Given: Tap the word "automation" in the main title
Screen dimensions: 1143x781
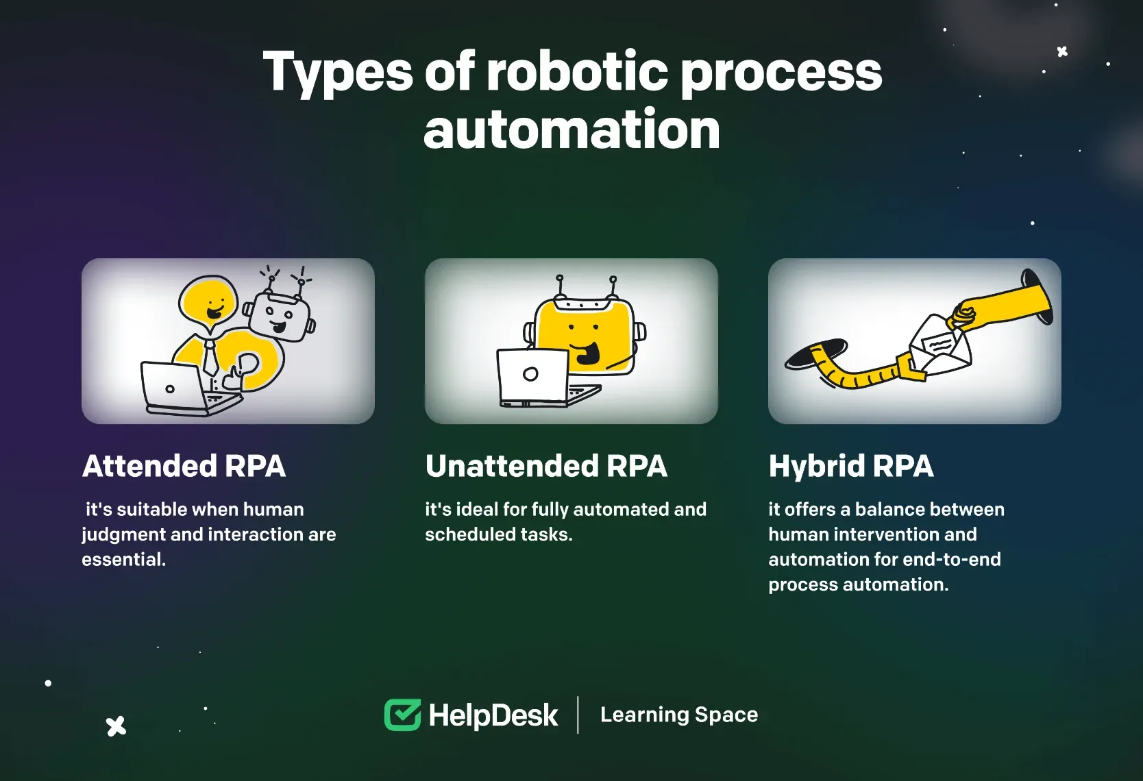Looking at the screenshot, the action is click(x=571, y=129).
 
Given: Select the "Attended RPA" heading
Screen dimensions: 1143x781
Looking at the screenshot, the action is click(x=184, y=466).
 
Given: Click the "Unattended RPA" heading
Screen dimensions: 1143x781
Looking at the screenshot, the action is click(x=546, y=466).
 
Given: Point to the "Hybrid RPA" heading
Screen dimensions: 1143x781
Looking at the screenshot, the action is click(x=851, y=467).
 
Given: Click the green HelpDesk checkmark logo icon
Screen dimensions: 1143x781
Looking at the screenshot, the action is click(x=403, y=715).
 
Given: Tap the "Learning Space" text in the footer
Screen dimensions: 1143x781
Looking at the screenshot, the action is click(x=679, y=715).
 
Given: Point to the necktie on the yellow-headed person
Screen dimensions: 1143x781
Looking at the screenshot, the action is click(x=210, y=356).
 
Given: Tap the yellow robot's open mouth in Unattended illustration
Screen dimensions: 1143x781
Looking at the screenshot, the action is click(x=586, y=353).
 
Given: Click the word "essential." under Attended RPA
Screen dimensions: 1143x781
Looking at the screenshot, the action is click(x=123, y=559).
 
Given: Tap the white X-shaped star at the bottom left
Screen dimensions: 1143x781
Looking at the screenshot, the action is click(x=116, y=726).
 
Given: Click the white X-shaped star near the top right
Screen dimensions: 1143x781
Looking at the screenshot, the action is click(x=1062, y=51).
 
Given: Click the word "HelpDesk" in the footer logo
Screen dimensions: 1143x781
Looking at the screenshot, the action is click(x=493, y=715).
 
